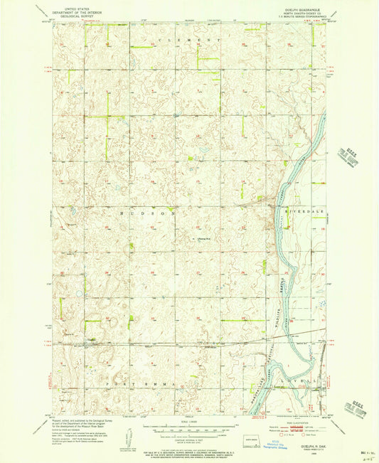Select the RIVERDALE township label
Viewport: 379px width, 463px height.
pyautogui.click(x=301, y=211)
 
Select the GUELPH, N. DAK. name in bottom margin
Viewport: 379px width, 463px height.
pyautogui.click(x=316, y=443)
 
